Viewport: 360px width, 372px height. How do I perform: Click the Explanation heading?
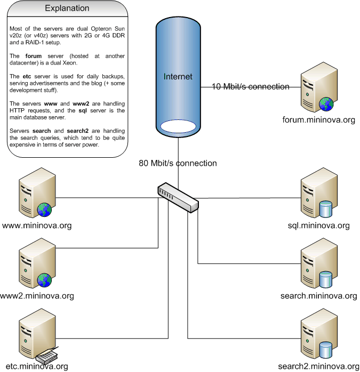(67, 9)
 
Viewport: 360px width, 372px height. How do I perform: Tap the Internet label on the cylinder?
(178, 77)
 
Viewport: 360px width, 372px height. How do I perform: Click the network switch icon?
(178, 197)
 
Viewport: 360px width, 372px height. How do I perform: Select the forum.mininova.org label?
(319, 120)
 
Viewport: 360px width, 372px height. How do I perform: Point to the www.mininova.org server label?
(37, 225)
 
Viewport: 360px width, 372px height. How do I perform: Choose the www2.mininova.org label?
(37, 296)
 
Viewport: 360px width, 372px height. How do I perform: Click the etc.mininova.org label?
(37, 366)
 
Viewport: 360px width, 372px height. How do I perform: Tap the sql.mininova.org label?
(319, 225)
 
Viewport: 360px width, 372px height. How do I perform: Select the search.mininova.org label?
(319, 296)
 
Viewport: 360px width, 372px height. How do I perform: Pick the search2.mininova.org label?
(319, 366)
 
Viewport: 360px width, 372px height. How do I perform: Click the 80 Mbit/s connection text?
(178, 163)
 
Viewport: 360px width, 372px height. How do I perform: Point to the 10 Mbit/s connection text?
(251, 86)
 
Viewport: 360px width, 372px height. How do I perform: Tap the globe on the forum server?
(326, 104)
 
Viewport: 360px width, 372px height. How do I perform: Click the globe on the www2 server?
(44, 280)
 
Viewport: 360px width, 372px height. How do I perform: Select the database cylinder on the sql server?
(325, 209)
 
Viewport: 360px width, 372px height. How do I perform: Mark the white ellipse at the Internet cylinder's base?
(178, 126)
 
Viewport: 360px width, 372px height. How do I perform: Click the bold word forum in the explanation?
(34, 56)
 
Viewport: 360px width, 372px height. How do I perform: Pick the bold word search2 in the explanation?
(78, 131)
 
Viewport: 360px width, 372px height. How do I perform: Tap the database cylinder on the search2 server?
(325, 350)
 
